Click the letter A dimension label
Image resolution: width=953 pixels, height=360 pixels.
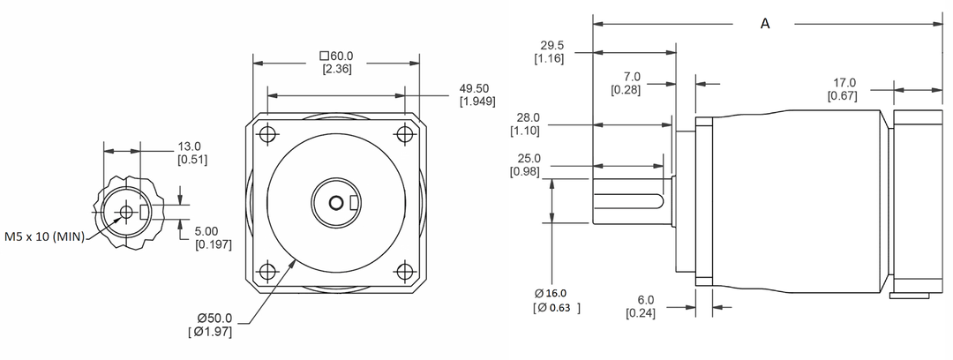(x=765, y=25)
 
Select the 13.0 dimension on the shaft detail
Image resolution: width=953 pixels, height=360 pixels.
(x=191, y=146)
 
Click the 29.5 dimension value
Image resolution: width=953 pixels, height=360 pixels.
(x=550, y=46)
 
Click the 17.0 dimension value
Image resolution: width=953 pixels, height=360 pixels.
(x=844, y=84)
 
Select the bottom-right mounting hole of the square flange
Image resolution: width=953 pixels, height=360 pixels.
(x=405, y=271)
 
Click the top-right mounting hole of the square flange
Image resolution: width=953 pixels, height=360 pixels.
(x=405, y=135)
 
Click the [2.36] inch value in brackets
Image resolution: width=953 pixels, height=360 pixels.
(x=337, y=69)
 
